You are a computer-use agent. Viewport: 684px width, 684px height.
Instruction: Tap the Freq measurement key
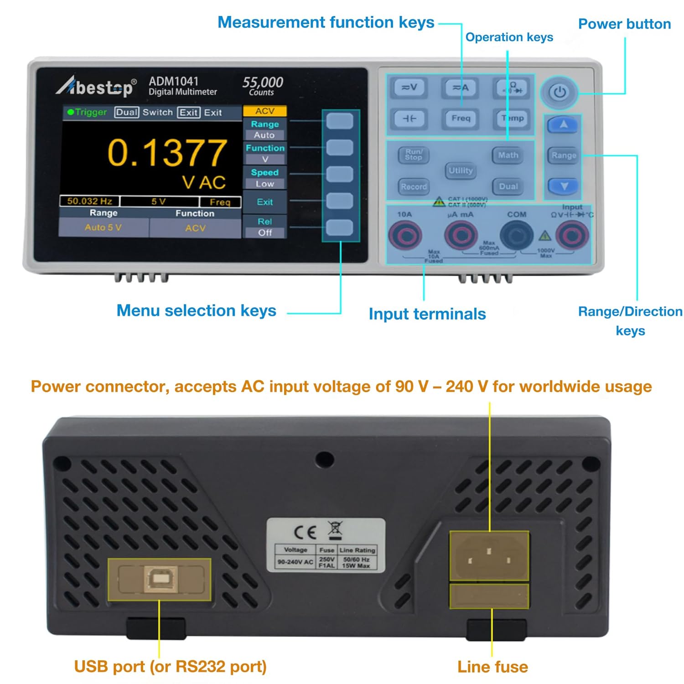(x=461, y=119)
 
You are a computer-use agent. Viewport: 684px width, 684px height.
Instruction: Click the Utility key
(x=461, y=171)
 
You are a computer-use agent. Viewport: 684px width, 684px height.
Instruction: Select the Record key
(x=414, y=187)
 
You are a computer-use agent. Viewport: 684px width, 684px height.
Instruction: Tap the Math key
(x=508, y=155)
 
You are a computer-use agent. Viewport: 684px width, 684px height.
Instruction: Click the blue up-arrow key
(x=564, y=124)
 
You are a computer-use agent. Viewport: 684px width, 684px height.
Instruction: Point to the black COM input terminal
(x=517, y=235)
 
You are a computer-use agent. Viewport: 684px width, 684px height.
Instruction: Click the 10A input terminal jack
(x=405, y=235)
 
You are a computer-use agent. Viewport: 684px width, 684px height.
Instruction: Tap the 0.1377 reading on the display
(x=167, y=152)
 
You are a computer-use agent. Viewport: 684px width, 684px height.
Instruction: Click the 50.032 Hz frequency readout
(x=89, y=201)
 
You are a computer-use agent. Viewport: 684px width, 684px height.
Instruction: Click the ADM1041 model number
(x=174, y=81)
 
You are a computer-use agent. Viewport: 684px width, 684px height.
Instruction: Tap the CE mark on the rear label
(x=305, y=532)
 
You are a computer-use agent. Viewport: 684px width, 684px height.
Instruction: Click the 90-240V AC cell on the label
(x=295, y=562)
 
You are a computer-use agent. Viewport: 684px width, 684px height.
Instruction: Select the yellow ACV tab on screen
(x=264, y=111)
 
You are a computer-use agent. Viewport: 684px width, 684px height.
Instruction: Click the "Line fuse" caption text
(x=492, y=667)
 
